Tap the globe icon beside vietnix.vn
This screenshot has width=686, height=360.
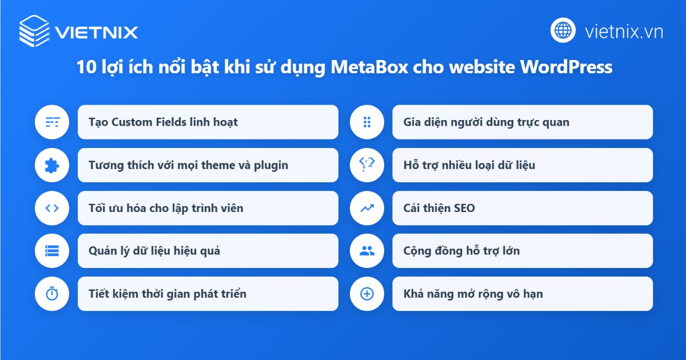563,30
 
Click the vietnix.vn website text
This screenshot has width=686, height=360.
624,31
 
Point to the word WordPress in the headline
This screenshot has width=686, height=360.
566,67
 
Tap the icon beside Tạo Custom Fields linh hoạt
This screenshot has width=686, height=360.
52,122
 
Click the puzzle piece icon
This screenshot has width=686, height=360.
52,165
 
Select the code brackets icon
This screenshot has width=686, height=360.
52,208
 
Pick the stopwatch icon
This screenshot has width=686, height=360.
52,294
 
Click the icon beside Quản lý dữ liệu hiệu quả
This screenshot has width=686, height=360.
52,251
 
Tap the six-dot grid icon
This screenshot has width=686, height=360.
366,122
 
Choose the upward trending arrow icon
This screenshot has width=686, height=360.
366,208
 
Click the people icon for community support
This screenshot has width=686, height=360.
366,251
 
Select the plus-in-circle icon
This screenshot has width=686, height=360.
366,294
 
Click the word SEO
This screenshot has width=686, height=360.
463,208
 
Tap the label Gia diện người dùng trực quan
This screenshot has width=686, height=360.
486,122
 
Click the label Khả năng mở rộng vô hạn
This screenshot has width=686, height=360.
473,294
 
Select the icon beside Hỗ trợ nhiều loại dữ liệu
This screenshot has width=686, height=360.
366,165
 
